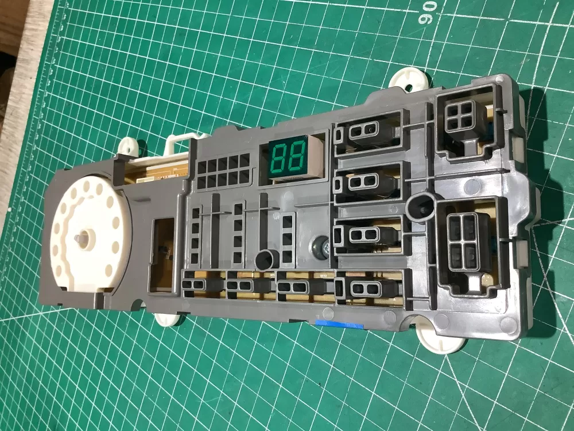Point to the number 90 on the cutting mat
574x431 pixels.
429,13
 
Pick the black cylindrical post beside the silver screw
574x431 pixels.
266,260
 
